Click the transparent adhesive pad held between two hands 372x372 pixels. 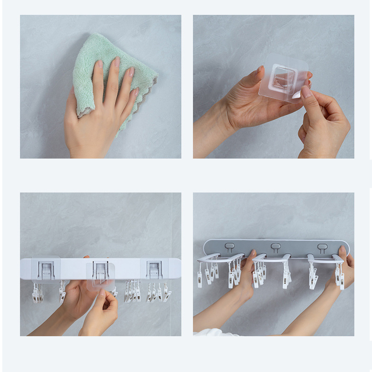coord(284,77)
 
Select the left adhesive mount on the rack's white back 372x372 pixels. coord(46,269)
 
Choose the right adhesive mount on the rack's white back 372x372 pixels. coord(154,268)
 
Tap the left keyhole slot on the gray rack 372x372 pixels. coord(229,247)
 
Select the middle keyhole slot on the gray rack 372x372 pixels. coord(276,247)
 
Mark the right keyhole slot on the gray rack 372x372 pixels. coord(322,247)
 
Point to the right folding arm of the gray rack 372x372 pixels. coord(325,259)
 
